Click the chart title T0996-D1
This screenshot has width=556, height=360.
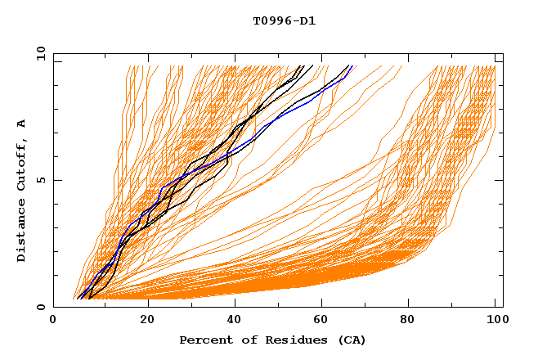(x=284, y=20)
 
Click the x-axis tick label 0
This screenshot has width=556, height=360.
(x=53, y=321)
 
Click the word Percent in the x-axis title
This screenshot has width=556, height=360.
(x=205, y=340)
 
